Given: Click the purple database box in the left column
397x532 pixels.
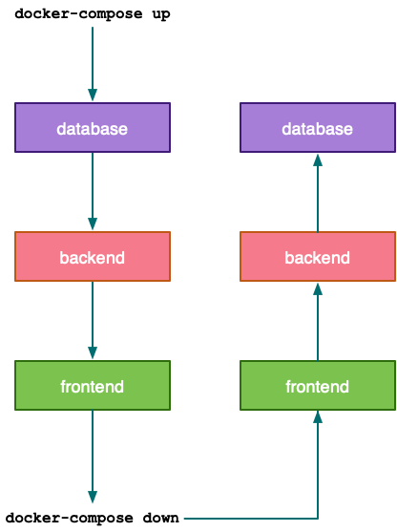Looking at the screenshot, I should (93, 128).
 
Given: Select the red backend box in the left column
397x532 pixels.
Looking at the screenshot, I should (93, 257).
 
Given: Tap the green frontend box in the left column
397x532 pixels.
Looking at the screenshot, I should (93, 386).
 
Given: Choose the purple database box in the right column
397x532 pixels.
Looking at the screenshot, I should (318, 128).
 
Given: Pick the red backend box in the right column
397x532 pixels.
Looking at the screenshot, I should (318, 257).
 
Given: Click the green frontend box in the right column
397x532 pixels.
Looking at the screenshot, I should (318, 386).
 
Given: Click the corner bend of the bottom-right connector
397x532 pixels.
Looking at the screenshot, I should (318, 518).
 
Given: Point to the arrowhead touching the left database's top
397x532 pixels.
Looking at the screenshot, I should (93, 96).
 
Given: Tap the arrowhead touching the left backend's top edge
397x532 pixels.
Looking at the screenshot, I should (93, 224).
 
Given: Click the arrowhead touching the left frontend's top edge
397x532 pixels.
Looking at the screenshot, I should (93, 353).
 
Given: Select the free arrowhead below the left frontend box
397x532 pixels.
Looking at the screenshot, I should (93, 497).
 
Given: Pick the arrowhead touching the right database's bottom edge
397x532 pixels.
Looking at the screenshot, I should (318, 160).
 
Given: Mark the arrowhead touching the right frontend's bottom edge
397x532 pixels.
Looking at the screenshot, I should (318, 417).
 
